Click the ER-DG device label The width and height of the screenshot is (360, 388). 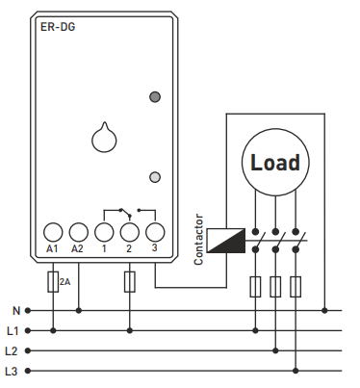58,27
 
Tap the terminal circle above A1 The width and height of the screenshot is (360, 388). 53,232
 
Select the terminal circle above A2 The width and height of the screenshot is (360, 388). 79,232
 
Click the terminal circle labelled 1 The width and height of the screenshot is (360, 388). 104,232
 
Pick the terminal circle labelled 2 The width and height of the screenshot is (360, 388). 130,232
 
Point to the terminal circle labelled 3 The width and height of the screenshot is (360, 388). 155,232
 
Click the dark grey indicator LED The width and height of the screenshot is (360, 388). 155,96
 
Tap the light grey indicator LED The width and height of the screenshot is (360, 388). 155,177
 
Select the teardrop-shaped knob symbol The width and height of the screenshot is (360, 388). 104,138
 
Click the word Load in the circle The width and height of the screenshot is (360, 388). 275,163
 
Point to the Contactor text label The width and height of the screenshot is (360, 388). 198,240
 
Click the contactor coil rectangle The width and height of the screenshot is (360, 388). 226,241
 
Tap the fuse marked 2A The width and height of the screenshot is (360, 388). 53,282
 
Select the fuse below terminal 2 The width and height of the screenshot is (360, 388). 130,282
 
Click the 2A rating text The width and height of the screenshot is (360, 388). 64,282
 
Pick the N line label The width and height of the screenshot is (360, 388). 16,311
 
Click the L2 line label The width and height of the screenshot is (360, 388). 12,351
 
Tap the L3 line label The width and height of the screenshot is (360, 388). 12,372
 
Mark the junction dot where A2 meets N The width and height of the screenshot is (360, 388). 79,310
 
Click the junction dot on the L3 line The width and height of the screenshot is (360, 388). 296,371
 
